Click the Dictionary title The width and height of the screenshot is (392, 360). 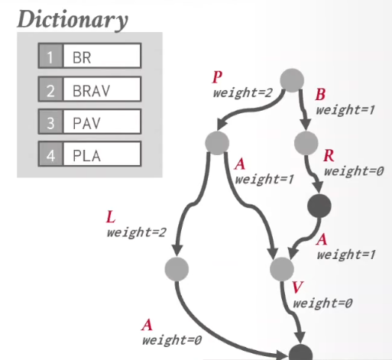tap(73, 20)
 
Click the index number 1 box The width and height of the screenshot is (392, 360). tap(50, 56)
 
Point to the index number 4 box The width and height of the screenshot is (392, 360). tap(50, 154)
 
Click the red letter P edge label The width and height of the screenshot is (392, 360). tap(217, 77)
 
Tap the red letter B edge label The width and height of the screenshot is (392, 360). tap(320, 95)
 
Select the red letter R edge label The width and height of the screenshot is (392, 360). tap(329, 155)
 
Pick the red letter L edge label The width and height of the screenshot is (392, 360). tap(111, 217)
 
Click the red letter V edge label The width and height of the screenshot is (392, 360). tap(297, 287)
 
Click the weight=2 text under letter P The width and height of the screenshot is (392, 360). tap(243, 92)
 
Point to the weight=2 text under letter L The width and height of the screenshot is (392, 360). tap(137, 232)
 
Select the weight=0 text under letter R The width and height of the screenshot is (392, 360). tap(354, 171)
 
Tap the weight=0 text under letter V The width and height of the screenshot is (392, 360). tap(322, 303)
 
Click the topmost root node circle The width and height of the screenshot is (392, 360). tap(292, 80)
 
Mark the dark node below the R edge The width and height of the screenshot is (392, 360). tap(319, 206)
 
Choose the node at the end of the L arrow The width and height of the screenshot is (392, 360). tap(177, 269)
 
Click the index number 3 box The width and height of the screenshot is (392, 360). tap(50, 122)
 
